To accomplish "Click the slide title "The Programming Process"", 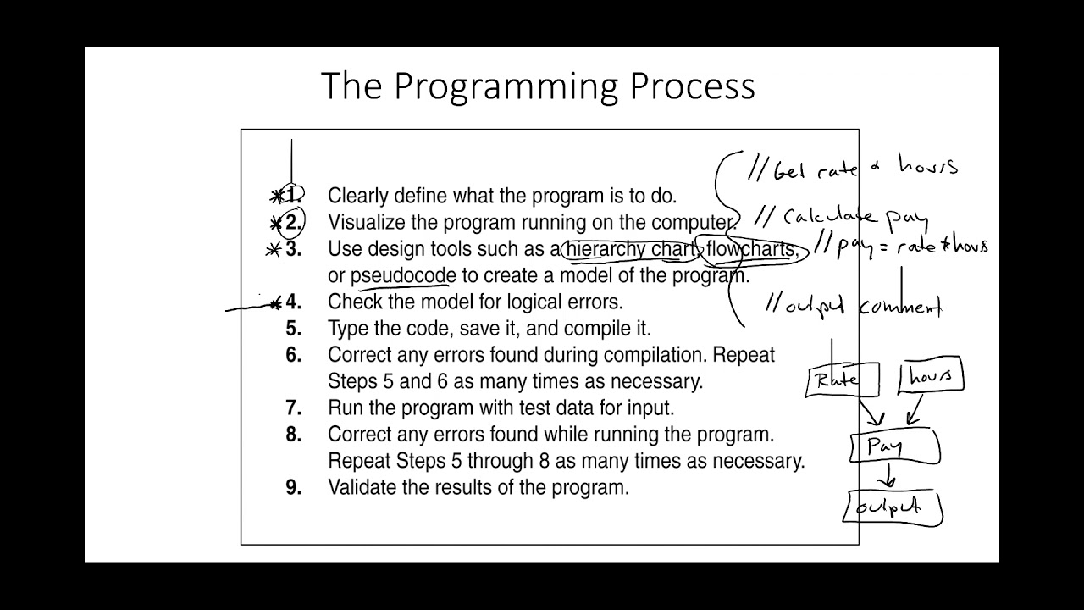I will pos(538,86).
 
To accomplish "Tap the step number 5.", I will pos(293,329).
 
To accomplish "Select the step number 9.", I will pos(293,488).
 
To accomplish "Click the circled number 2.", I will pos(293,223).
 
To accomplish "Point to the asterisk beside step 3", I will pos(274,250).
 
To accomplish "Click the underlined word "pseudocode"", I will pos(403,276).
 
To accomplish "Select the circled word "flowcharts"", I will pos(751,249).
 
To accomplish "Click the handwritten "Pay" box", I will pos(893,447).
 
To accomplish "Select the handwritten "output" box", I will pos(893,507).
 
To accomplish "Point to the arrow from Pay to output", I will pos(887,477).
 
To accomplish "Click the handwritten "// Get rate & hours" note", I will pos(851,168).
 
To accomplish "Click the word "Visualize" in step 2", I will pos(366,223).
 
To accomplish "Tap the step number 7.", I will pos(293,408).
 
